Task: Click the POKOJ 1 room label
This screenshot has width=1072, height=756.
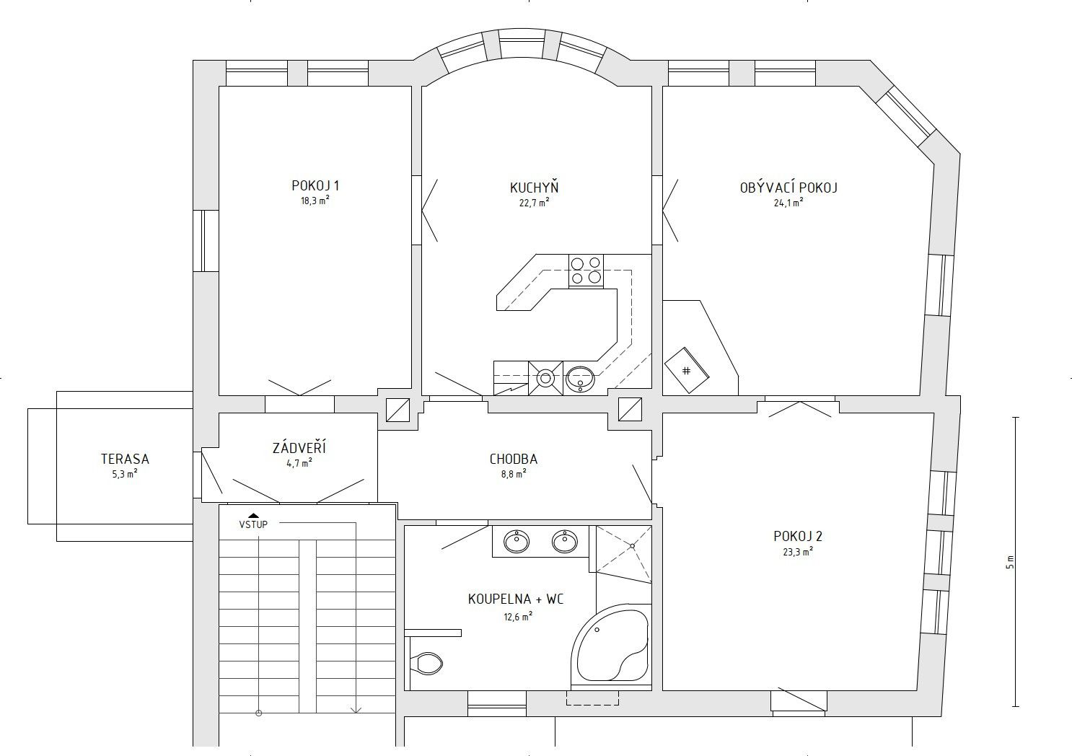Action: (315, 185)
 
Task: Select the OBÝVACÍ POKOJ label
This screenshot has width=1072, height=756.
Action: (788, 187)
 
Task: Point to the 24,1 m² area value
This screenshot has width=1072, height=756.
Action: (788, 203)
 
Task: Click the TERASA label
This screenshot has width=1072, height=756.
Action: (125, 459)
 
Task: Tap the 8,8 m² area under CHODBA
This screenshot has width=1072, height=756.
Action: (514, 474)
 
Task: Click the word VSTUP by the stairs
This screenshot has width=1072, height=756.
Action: (253, 524)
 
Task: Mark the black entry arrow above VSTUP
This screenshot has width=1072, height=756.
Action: (254, 515)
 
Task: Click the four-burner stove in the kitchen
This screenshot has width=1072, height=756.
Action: (586, 271)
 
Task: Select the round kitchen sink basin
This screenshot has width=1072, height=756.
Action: (580, 379)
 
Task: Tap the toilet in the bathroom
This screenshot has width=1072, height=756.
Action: (426, 664)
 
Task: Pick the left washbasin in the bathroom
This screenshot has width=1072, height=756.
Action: (517, 542)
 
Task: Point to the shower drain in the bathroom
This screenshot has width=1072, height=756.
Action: (632, 546)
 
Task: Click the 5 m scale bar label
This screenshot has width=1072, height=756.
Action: (1010, 562)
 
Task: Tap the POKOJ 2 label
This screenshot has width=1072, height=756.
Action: (798, 536)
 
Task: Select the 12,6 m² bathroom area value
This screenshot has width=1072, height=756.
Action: (518, 617)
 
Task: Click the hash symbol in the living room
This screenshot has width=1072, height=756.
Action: (686, 370)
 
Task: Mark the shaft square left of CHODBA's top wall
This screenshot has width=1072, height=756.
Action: (398, 410)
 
